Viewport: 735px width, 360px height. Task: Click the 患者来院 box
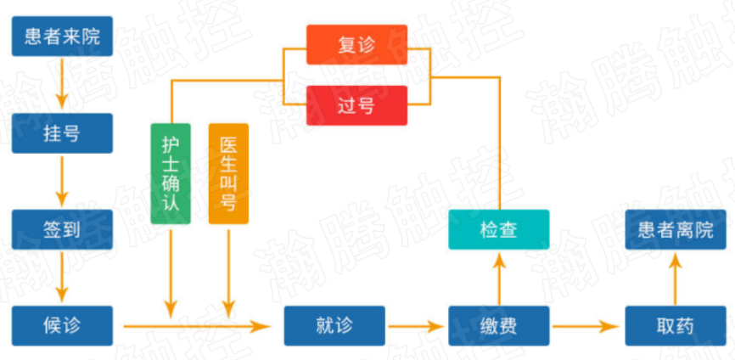[62, 37]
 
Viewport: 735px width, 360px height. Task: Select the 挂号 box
[62, 133]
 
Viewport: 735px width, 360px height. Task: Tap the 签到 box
[62, 230]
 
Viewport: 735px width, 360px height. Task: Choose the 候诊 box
[62, 326]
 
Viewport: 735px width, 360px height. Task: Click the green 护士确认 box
[171, 173]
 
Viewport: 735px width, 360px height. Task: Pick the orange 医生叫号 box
[228, 173]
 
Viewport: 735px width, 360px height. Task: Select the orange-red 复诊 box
[356, 44]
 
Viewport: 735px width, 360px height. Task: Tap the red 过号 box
[356, 105]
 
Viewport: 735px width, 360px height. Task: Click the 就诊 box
[334, 326]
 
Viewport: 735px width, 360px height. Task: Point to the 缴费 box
[499, 326]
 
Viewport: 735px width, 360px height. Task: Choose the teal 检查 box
[499, 230]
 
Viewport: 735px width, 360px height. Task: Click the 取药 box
[675, 326]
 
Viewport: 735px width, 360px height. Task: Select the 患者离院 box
[675, 230]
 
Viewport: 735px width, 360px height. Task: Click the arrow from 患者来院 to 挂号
[62, 84]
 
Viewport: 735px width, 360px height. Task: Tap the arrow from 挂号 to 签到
[62, 181]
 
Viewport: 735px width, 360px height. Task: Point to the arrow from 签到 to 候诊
[62, 278]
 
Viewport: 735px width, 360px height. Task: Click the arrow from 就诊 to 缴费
[416, 326]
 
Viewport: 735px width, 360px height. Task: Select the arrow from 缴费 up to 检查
[499, 278]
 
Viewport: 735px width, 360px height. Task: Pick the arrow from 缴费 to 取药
[586, 326]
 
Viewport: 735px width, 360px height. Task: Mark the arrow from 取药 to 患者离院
[675, 278]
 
